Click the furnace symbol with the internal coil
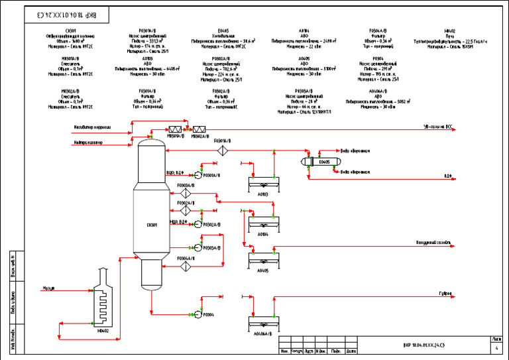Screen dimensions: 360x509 (103, 299)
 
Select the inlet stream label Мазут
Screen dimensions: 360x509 (48, 288)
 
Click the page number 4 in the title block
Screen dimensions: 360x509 (497, 347)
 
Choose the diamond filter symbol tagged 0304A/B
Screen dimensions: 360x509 (186, 267)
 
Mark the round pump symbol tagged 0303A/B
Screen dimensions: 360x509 (198, 248)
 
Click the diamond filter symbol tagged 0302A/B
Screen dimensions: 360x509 (186, 211)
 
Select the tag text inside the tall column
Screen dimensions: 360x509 (152, 225)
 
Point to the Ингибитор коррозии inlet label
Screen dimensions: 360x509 (92, 127)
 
